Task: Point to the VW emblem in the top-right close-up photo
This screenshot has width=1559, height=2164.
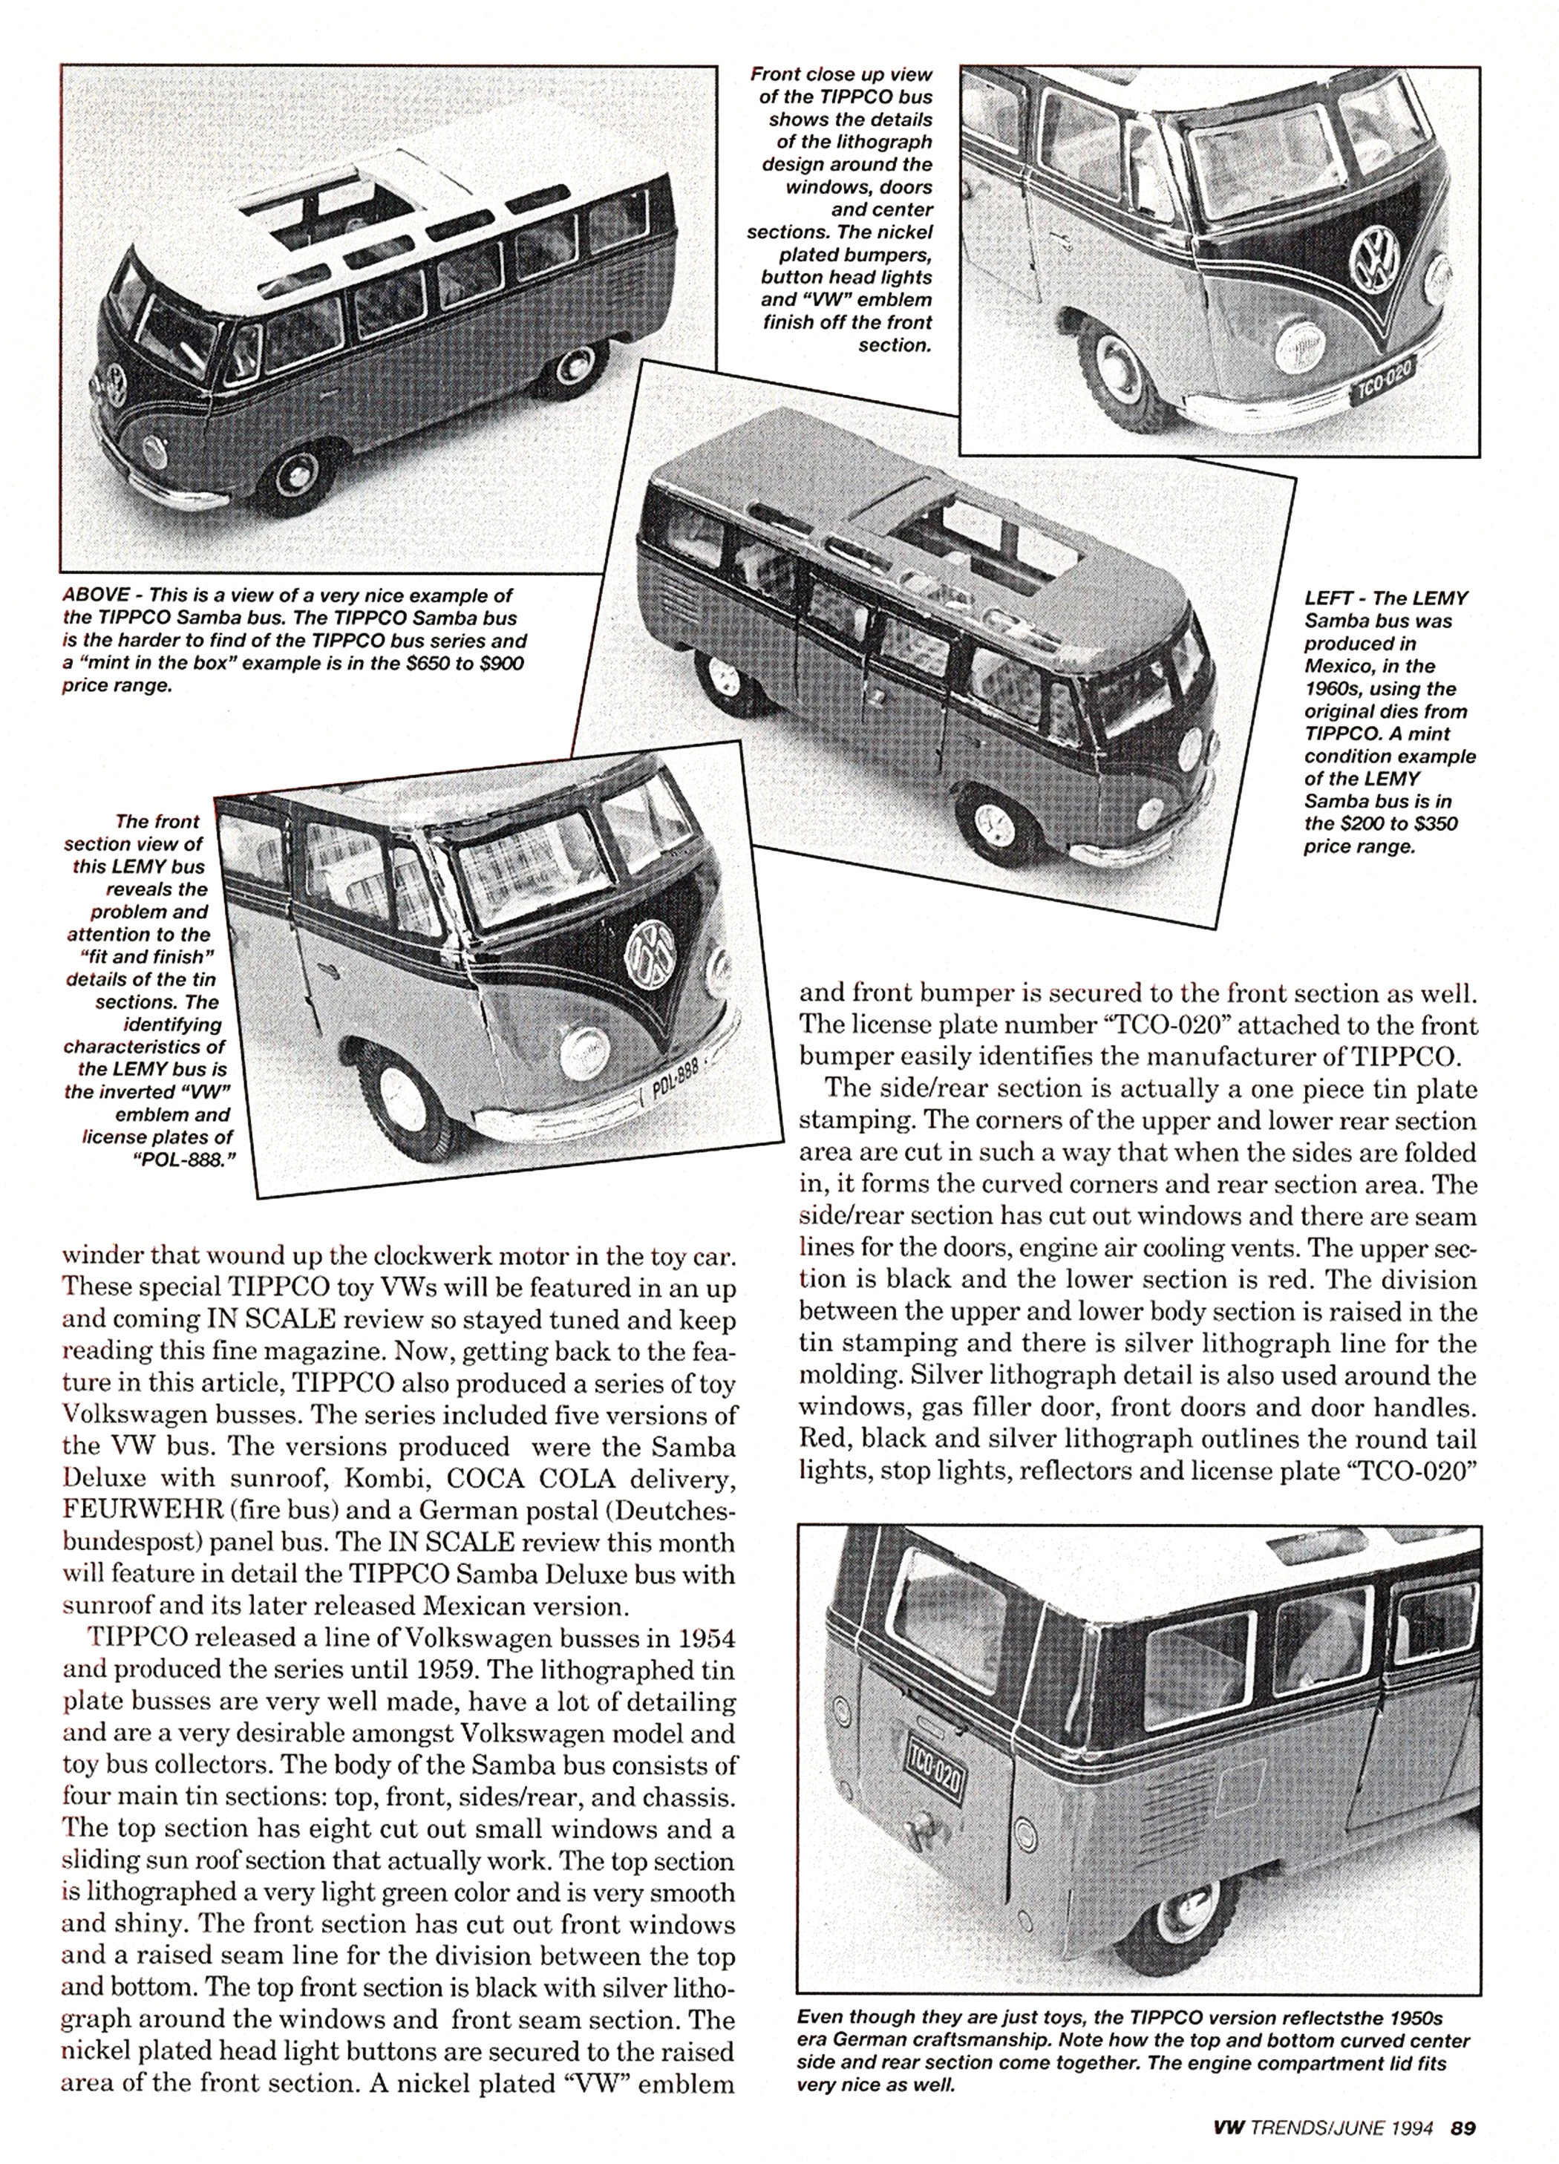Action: click(1374, 257)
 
